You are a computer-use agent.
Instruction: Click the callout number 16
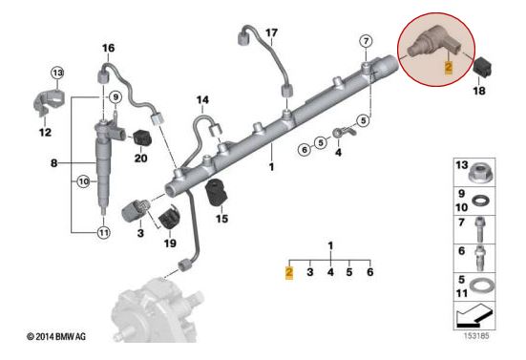(107, 48)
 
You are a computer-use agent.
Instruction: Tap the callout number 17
(271, 32)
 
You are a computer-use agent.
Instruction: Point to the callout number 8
(54, 164)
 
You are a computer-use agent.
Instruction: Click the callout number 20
(141, 159)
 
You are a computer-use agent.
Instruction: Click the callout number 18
(479, 92)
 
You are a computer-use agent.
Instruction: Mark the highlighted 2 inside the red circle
(447, 67)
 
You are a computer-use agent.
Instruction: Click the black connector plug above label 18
(480, 69)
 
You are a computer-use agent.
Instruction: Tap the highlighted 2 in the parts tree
(289, 272)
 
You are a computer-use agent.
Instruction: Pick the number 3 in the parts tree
(309, 272)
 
